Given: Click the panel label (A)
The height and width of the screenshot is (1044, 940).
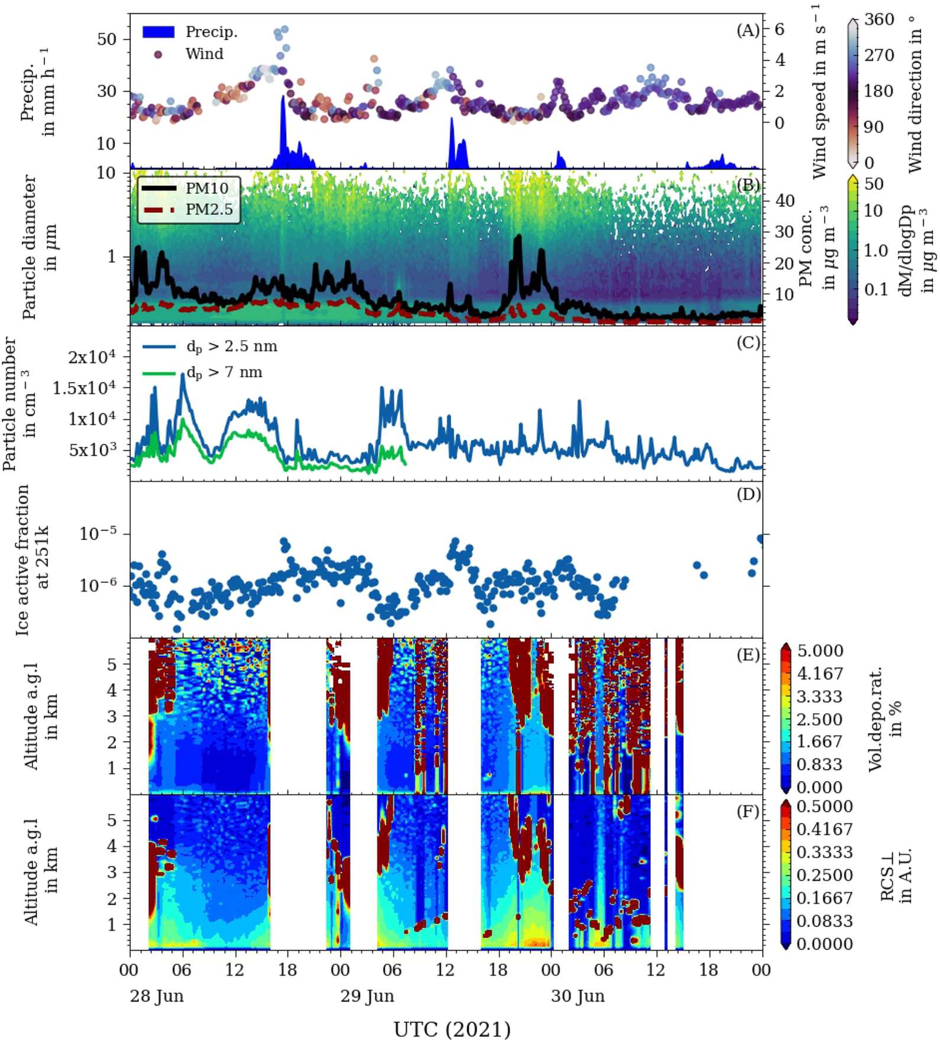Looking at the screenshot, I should tap(747, 30).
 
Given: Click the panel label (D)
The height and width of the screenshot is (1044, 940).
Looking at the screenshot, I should tap(748, 494).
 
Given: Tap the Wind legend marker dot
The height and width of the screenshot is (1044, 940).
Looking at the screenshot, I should tap(158, 54).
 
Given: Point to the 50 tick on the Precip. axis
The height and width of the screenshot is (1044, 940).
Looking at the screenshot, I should tap(107, 39).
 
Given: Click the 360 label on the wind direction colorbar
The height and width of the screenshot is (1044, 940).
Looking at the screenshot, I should tap(879, 20).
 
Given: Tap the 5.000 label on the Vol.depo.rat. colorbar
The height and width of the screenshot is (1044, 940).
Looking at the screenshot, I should tap(819, 651).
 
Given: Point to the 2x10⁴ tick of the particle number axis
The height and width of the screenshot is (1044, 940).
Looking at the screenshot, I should tap(92, 357).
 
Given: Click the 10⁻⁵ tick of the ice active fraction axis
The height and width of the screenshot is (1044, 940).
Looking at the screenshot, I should tap(98, 534).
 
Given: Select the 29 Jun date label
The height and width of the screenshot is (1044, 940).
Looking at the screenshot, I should tap(367, 996).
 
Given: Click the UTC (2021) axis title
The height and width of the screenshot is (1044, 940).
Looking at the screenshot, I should tap(452, 1029).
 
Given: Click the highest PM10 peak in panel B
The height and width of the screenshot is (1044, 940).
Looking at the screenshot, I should tap(518, 237).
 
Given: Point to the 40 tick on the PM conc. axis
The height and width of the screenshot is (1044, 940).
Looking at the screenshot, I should tap(785, 201).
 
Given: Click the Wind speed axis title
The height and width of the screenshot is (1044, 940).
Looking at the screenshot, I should tap(819, 92).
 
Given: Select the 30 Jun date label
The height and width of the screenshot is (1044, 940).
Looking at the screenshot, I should tap(578, 996).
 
